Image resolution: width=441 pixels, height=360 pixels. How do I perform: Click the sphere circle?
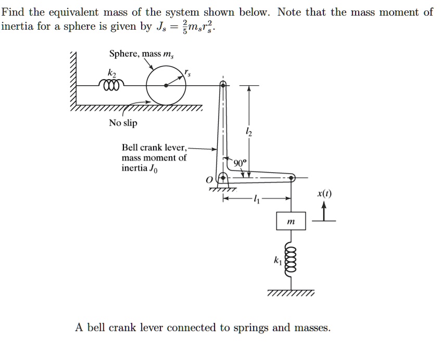click(x=166, y=85)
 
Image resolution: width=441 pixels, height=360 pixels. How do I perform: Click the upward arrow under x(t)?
click(x=324, y=211)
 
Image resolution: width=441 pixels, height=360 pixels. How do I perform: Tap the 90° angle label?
click(x=240, y=163)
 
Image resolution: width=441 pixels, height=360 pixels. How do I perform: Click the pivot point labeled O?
click(x=224, y=178)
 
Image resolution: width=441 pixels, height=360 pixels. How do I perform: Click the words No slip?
click(x=123, y=123)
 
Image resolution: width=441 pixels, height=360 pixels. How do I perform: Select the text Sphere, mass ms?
click(x=138, y=54)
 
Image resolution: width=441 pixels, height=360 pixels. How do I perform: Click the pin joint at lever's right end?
click(x=292, y=178)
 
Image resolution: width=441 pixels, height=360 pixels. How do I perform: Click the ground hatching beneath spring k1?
click(x=291, y=294)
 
